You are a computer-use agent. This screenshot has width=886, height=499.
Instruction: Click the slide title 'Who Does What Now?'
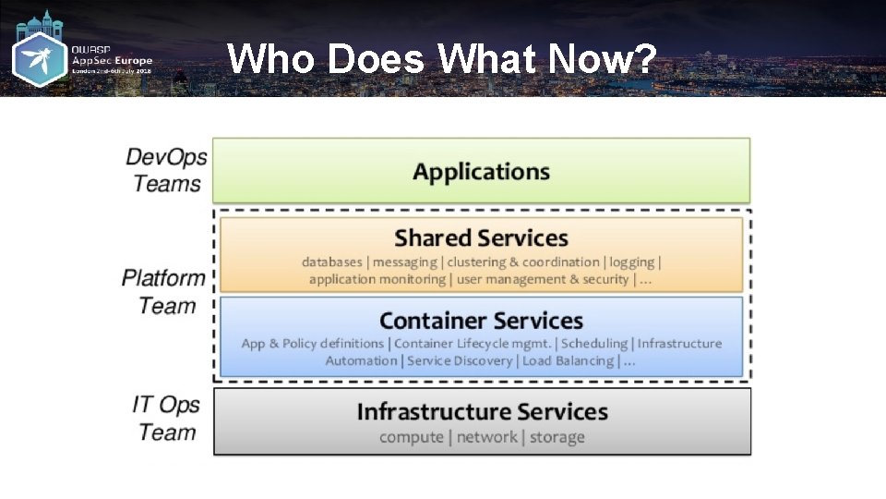tap(442, 60)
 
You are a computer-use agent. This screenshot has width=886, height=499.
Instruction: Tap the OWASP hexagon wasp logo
tap(39, 61)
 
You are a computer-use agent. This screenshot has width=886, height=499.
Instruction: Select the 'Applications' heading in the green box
tap(481, 172)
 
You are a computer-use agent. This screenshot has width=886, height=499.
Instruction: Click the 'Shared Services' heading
tap(481, 238)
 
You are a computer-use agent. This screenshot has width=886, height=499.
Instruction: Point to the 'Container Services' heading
tap(481, 321)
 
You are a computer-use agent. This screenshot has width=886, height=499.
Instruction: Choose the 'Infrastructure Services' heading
tap(482, 411)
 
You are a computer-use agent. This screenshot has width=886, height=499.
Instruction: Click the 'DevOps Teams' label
tap(166, 170)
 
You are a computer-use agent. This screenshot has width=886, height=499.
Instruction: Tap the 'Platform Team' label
tap(164, 291)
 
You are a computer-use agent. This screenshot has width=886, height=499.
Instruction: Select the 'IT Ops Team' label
tap(166, 418)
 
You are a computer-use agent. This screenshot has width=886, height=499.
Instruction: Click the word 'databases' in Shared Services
tap(332, 262)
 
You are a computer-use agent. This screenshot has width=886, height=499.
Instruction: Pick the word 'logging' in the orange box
tap(631, 262)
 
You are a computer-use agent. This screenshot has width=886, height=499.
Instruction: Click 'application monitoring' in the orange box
tap(377, 279)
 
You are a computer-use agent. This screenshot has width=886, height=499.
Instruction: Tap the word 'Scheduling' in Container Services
tap(594, 344)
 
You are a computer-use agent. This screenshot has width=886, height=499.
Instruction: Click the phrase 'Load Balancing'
tap(568, 360)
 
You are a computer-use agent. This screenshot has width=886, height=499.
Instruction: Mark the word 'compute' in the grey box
tap(412, 437)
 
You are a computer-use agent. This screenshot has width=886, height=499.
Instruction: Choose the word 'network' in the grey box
tap(486, 437)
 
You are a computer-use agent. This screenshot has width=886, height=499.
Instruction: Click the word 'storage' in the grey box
tap(557, 437)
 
